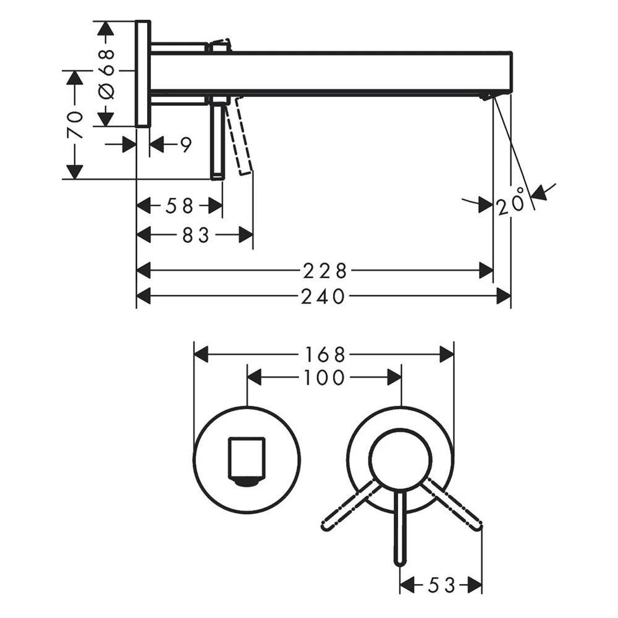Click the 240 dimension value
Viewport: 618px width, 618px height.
323,297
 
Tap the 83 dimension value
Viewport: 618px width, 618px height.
195,235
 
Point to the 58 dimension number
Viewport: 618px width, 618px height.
179,206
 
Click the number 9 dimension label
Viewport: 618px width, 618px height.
186,145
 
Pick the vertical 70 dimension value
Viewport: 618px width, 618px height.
75,125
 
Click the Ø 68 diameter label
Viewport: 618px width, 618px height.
106,73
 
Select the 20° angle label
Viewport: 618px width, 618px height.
510,202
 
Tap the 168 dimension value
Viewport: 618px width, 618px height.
324,355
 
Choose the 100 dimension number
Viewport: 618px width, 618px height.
324,378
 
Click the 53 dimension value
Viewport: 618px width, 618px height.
441,585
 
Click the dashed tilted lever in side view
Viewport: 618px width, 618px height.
239,136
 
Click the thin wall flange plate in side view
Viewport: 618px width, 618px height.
142,74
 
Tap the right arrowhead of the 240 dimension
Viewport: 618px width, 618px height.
505,297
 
